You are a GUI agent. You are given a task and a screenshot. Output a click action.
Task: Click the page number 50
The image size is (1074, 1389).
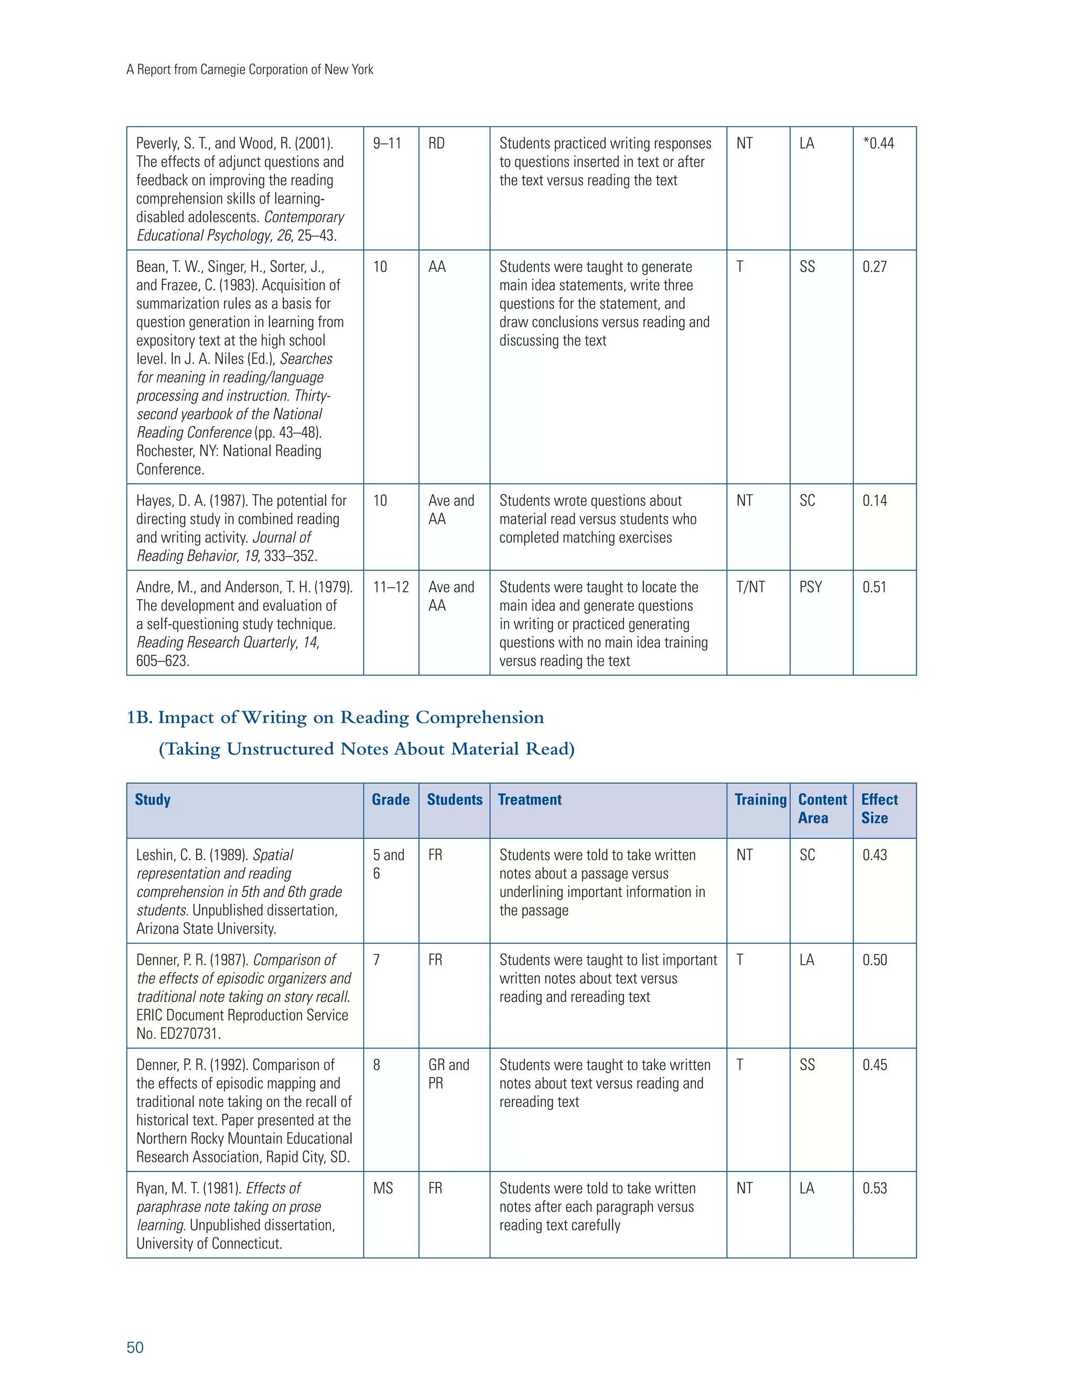click(x=135, y=1347)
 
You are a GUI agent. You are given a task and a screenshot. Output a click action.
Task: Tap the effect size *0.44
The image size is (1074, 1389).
click(x=878, y=144)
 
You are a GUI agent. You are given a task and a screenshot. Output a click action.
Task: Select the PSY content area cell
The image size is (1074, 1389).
click(x=811, y=587)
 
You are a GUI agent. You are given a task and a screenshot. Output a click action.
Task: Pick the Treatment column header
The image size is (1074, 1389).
click(x=529, y=799)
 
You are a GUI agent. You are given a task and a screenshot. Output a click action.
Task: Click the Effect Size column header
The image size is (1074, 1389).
click(x=879, y=808)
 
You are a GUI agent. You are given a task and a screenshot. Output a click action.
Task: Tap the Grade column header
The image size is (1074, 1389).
click(x=391, y=799)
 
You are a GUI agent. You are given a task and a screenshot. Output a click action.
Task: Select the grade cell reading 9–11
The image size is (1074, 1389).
click(x=387, y=144)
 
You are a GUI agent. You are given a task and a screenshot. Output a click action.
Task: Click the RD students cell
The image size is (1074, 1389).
click(x=436, y=144)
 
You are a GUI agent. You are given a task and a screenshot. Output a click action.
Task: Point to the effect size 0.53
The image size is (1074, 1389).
click(x=874, y=1188)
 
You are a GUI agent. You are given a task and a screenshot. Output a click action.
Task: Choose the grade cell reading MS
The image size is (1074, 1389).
click(x=383, y=1188)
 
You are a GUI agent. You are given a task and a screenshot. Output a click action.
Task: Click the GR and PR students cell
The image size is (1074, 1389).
click(x=448, y=1073)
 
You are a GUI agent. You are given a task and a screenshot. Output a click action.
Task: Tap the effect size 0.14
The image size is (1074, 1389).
click(x=874, y=501)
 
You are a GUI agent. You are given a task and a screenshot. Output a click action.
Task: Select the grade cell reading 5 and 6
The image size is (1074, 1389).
click(x=388, y=864)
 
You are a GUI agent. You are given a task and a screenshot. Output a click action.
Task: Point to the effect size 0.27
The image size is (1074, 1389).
click(x=874, y=267)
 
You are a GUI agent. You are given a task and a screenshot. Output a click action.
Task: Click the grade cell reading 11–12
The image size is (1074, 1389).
click(x=391, y=587)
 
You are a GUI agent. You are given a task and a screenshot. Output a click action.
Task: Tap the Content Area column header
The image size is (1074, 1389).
click(x=822, y=808)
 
